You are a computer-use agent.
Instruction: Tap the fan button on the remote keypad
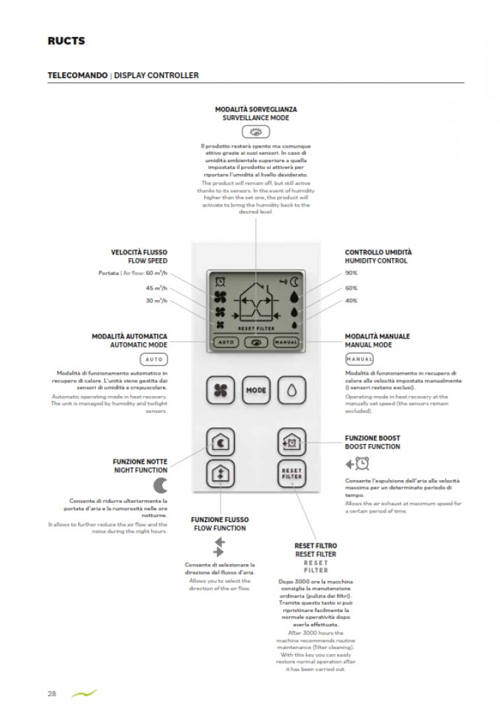click(221, 389)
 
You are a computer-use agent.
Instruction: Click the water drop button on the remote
click(292, 389)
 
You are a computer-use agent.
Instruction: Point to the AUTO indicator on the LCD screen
click(226, 342)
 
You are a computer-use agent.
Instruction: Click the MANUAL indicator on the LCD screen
click(285, 342)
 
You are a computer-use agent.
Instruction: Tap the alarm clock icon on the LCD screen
click(220, 280)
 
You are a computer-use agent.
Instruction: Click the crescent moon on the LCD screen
click(294, 280)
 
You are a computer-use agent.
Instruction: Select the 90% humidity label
click(351, 273)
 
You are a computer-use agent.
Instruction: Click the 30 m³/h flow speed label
click(156, 301)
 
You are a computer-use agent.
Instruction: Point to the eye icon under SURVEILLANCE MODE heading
click(255, 132)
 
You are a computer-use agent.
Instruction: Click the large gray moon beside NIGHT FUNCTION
click(161, 485)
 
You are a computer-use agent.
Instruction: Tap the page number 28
click(52, 693)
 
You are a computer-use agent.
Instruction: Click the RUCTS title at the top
click(66, 41)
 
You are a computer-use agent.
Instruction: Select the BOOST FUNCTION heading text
click(372, 447)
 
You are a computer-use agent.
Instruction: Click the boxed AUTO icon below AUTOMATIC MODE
click(154, 359)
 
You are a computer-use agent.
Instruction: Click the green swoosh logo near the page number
click(83, 693)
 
